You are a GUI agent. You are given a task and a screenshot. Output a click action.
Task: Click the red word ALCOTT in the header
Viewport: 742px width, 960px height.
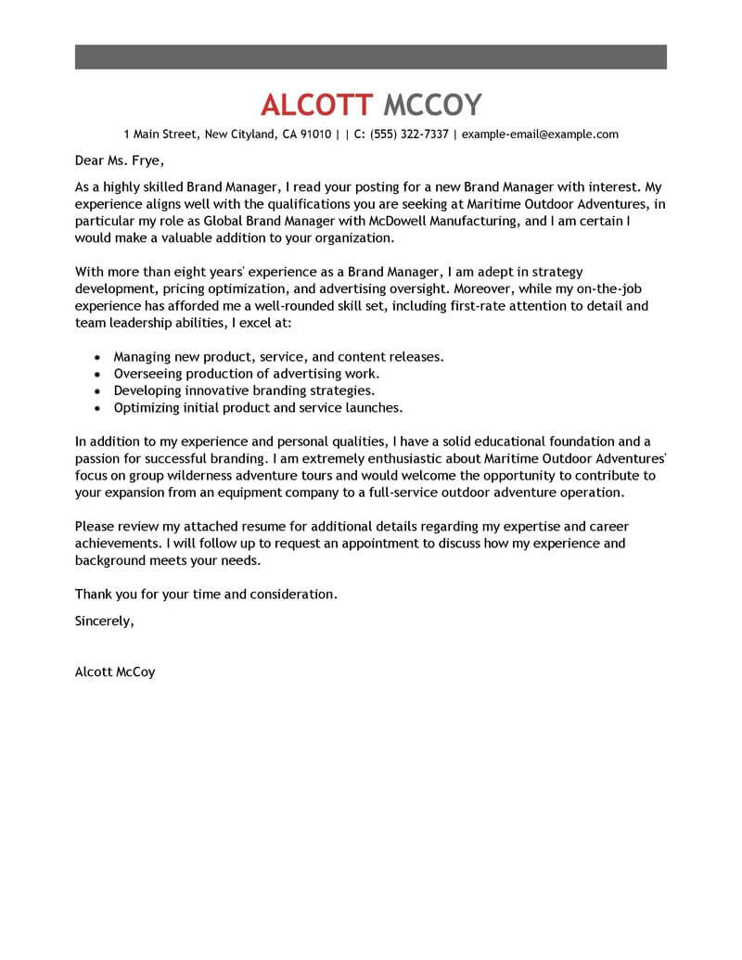click(x=317, y=104)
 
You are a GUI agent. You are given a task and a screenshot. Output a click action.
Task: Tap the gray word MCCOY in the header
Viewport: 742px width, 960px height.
click(x=432, y=104)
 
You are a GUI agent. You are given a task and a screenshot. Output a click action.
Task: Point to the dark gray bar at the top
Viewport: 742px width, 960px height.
click(x=371, y=56)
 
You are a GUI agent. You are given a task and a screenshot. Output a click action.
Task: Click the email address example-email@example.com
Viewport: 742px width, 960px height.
click(x=540, y=134)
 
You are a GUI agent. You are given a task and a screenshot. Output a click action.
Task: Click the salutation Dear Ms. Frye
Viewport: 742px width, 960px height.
click(x=117, y=159)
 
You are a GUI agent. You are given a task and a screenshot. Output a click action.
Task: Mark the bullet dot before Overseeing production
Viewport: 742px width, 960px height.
click(x=98, y=374)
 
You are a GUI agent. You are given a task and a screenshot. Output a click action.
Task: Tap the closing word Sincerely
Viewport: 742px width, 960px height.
click(x=104, y=621)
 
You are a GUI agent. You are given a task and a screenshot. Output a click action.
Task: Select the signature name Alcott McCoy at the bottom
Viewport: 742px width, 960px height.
click(x=115, y=672)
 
